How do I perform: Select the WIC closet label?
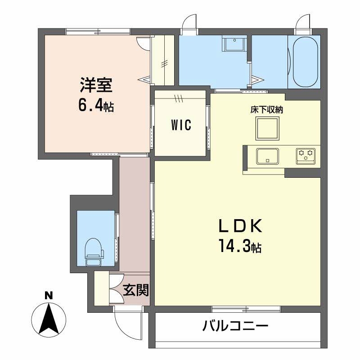click(x=181, y=125)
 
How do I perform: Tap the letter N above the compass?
click(x=49, y=296)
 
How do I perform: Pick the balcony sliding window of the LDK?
click(x=246, y=309)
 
